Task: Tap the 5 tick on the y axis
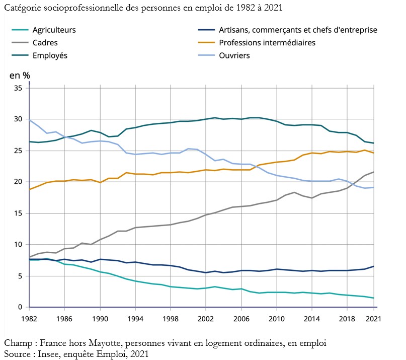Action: tap(21, 276)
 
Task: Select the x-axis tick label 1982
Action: tap(30, 319)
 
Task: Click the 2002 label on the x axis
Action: tap(205, 319)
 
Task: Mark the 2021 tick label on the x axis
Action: tap(373, 319)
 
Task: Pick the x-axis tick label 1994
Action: tap(135, 319)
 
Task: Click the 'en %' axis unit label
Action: tap(20, 76)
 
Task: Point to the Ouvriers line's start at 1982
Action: tap(30, 120)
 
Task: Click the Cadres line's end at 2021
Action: tap(373, 172)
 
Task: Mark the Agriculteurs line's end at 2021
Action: tap(373, 298)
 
